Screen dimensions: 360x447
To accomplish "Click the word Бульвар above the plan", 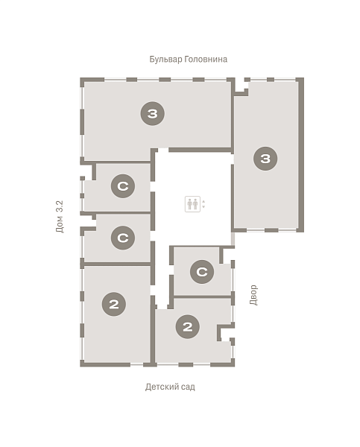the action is (x=165, y=60).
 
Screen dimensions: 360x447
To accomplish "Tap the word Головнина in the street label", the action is (x=206, y=60).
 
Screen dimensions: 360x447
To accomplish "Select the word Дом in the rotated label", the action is (x=60, y=224).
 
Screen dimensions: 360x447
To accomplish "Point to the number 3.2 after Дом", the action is (x=60, y=206).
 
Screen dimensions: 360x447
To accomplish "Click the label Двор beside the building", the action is (x=253, y=295).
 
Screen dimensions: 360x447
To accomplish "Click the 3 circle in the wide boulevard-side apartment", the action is (x=152, y=113).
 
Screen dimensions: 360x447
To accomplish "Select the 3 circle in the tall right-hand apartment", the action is (x=265, y=159).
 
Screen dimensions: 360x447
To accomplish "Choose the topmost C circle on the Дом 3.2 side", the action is (x=123, y=186).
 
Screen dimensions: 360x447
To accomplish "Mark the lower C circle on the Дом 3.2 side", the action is (x=123, y=238).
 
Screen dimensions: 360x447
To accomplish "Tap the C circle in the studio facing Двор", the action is (x=202, y=272).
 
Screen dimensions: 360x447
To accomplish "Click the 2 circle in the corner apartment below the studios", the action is (x=114, y=304).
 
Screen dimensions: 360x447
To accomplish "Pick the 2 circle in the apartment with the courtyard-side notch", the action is (x=187, y=327).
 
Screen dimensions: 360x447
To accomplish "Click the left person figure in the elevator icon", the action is (x=190, y=204).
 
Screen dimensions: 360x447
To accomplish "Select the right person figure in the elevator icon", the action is (x=195, y=204).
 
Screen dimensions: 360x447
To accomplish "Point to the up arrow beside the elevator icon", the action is (x=203, y=202).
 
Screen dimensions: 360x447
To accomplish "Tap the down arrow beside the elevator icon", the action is (x=203, y=206).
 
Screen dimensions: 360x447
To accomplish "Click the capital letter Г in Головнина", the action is (x=186, y=59).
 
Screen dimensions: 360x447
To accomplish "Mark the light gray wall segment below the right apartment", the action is (x=233, y=238).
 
